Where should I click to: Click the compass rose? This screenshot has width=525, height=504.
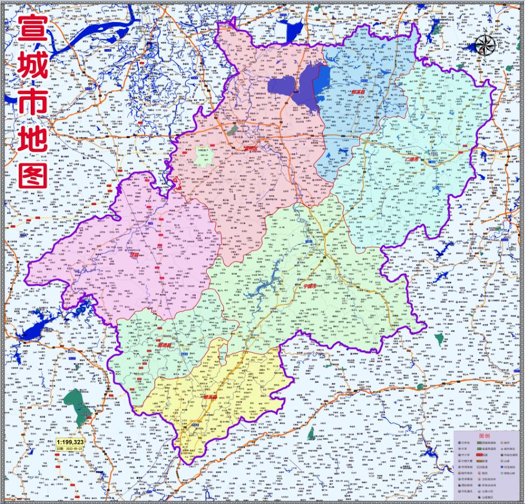click(486, 45)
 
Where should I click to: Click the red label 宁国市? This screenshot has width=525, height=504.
click(311, 285)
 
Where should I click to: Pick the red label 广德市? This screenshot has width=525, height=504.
click(412, 160)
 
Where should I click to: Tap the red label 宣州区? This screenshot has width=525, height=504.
click(249, 148)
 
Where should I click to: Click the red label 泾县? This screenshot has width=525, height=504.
click(134, 256)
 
